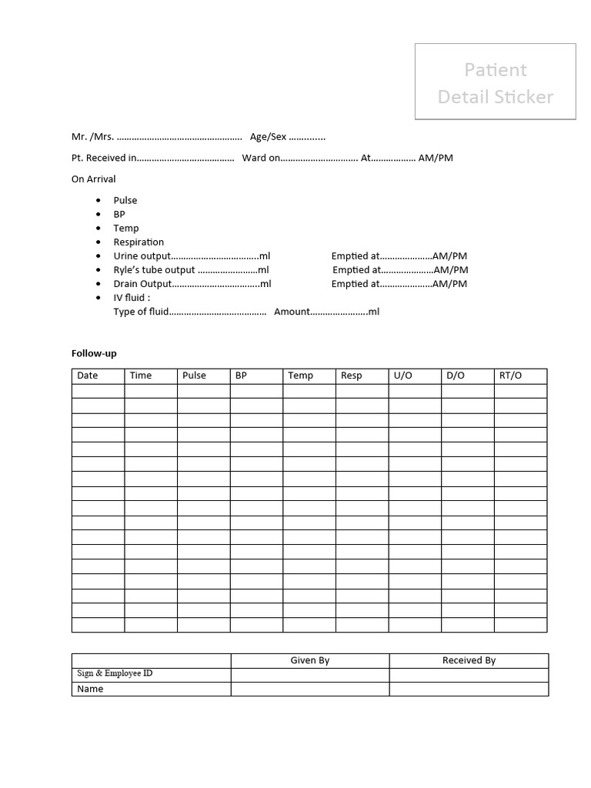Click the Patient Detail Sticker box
(496, 82)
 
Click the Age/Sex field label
(268, 137)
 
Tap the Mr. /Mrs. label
(92, 137)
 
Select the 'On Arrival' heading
(93, 179)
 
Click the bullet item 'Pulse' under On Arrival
(125, 201)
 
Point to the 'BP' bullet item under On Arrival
(119, 215)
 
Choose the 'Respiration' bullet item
(139, 242)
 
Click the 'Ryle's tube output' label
(155, 270)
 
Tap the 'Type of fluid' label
(141, 312)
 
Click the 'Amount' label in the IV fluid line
(292, 312)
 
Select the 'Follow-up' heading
(94, 353)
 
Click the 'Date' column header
(88, 376)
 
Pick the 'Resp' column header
(351, 376)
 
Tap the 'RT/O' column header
(510, 376)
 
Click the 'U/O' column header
(403, 376)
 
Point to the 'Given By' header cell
(310, 660)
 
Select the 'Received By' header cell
(469, 660)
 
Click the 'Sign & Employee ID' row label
(115, 673)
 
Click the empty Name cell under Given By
(310, 689)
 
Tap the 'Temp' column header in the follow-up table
(300, 376)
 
